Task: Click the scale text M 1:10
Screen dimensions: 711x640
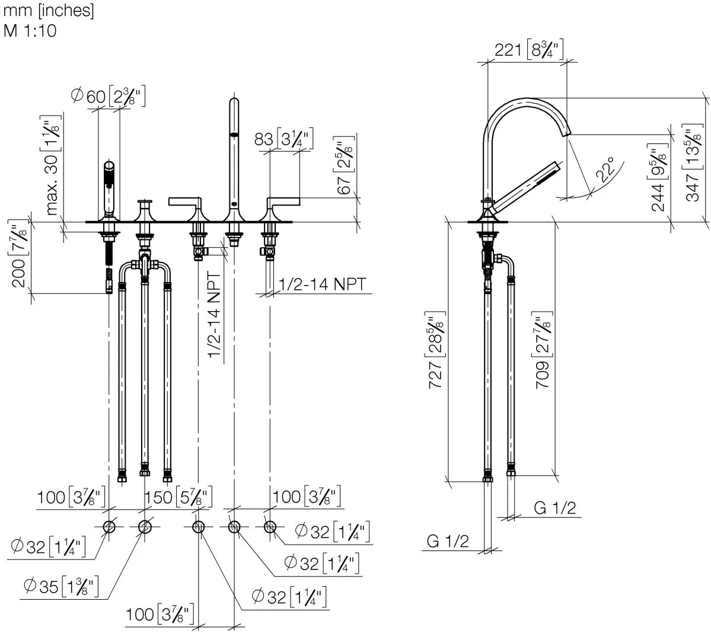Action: pyautogui.click(x=30, y=31)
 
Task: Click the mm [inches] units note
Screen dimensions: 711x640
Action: pyautogui.click(x=49, y=11)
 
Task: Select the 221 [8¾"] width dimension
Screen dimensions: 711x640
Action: pyautogui.click(x=529, y=49)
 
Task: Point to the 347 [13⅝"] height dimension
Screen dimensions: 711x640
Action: pyautogui.click(x=693, y=162)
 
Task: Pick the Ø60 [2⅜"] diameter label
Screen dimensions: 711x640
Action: pyautogui.click(x=108, y=96)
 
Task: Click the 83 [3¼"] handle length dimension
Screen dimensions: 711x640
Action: pyautogui.click(x=283, y=139)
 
